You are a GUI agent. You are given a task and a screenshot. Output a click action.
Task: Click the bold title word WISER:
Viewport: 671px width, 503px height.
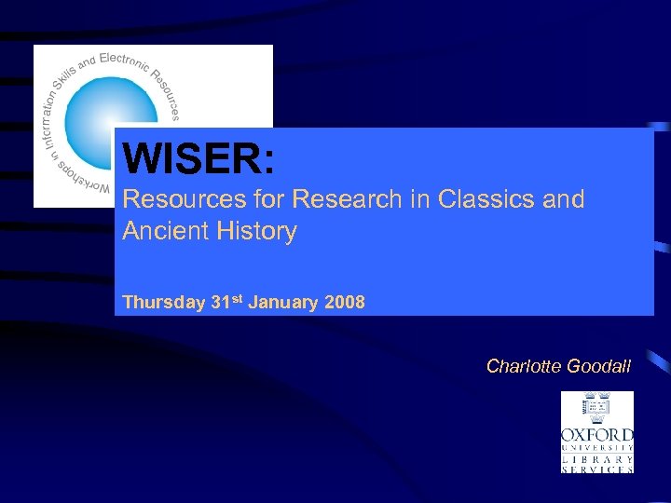pos(199,158)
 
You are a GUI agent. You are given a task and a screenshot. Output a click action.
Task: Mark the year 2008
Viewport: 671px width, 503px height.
pos(346,303)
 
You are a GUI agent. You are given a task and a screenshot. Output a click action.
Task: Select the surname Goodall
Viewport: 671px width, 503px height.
pos(598,366)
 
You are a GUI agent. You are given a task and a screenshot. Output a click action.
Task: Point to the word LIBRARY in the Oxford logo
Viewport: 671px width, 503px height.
pos(597,458)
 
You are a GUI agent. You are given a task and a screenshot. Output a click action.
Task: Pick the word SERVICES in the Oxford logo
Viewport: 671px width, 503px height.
pos(597,469)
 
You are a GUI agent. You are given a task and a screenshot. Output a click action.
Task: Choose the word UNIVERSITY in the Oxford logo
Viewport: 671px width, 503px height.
pos(597,448)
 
